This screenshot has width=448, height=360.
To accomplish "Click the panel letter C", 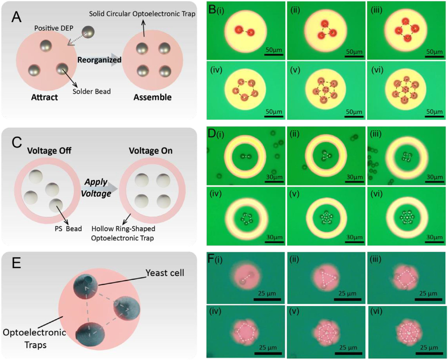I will pos(16,142).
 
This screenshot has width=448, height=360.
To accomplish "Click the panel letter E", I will pos(16,263).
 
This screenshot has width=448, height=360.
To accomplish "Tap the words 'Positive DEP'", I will pos(53,28).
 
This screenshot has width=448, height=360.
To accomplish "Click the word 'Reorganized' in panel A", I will pos(99,60).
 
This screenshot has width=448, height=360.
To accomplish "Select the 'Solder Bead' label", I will pos(91,91).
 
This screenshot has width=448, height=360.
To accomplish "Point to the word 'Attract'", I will pos(44,97).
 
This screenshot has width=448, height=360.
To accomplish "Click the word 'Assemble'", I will pos(152,97).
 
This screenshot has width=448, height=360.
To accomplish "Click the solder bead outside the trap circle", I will pos(88,32).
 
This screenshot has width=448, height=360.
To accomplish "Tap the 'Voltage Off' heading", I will pos(49,151).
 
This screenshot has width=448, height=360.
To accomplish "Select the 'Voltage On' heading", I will pos(150,151).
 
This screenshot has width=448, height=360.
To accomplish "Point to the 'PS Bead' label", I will pos(69,229).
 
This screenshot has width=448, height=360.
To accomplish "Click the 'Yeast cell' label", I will pos(165,273).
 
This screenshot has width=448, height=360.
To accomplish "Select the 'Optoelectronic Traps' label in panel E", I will pos(34,338).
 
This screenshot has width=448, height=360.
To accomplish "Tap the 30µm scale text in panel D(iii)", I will pos(434,177).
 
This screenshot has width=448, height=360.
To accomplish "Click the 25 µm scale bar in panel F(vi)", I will pos(428,353).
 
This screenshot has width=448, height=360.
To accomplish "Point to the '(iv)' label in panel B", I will pos(216,71).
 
